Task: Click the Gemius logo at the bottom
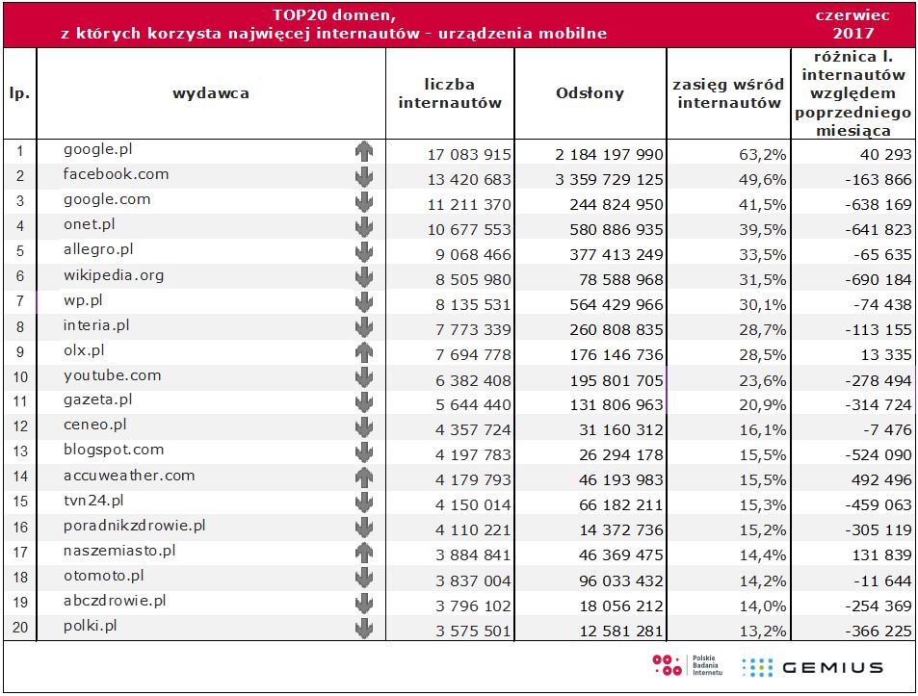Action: [x=812, y=667]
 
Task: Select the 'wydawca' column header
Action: [x=211, y=93]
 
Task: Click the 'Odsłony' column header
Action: [x=590, y=93]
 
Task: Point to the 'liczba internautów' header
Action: [x=450, y=93]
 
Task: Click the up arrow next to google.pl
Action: [x=363, y=151]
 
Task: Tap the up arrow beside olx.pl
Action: [x=363, y=351]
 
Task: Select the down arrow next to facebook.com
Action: [x=363, y=176]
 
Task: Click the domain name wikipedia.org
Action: [x=114, y=275]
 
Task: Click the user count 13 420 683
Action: [x=470, y=179]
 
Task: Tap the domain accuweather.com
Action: [x=129, y=476]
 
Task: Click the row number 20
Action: [x=19, y=630]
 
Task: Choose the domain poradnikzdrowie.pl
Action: [x=135, y=526]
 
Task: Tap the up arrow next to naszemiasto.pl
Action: [x=363, y=552]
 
